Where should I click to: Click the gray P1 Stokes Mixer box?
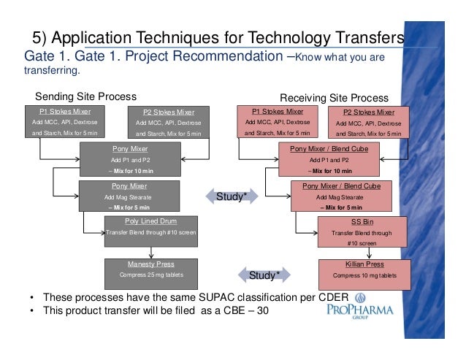coord(65,122)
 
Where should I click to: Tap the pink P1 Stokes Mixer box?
coord(277,122)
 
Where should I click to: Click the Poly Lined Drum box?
coord(152,227)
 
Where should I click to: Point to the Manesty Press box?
coord(151,269)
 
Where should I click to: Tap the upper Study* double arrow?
coord(231,195)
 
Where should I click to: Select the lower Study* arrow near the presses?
coord(263,275)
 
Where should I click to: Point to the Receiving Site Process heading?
coord(335,98)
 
